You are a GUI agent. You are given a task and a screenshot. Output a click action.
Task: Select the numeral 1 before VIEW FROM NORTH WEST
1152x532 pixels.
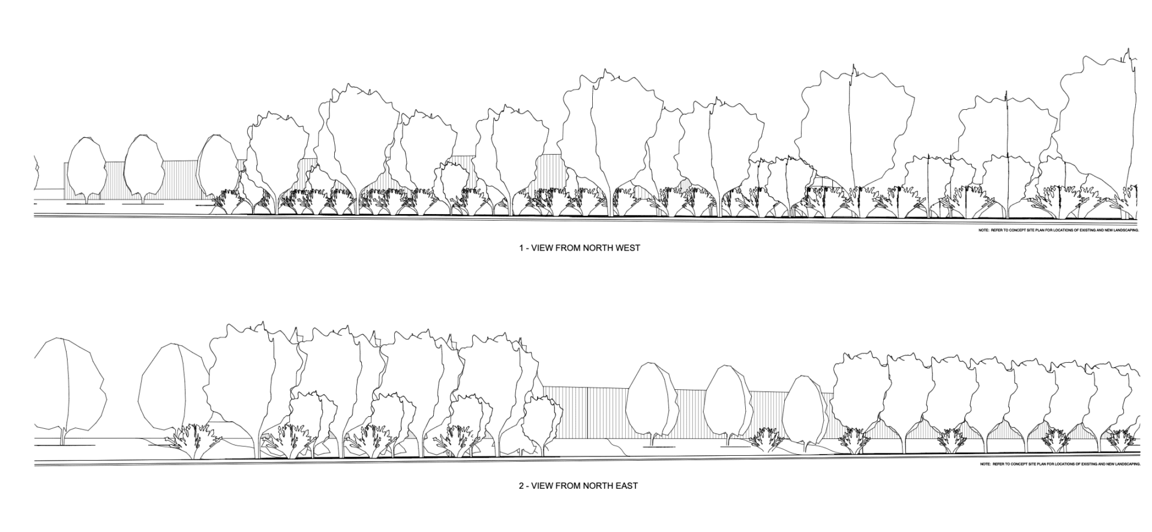521,248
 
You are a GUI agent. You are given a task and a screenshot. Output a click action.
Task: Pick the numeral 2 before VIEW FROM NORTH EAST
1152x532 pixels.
521,485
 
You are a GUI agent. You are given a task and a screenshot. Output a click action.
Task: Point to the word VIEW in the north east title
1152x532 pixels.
544,485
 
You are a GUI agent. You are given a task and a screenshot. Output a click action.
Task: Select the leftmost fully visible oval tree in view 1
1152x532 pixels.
86,165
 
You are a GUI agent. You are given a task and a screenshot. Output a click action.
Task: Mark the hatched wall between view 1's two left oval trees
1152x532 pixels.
115,180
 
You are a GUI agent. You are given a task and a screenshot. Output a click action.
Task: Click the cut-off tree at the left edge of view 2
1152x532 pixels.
69,384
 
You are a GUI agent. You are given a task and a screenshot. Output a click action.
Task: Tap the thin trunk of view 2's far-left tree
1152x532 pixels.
62,436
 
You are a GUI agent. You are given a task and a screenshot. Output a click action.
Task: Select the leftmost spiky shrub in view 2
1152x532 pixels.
192,441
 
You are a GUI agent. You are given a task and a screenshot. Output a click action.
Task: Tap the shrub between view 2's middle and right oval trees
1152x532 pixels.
767,440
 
